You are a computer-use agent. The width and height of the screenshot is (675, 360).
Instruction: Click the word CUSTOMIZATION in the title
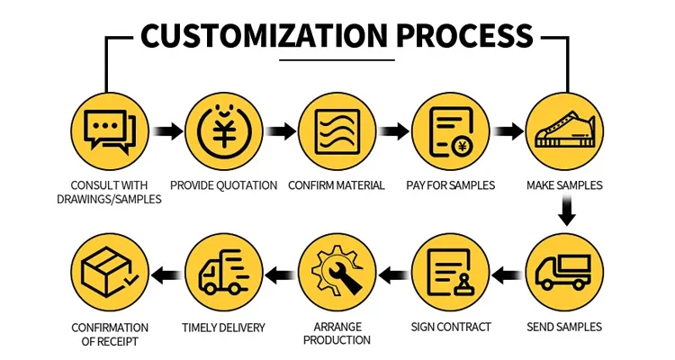click(264, 35)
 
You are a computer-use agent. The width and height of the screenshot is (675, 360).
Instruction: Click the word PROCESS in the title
click(465, 35)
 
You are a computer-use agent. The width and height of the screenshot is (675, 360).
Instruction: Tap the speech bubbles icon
click(110, 130)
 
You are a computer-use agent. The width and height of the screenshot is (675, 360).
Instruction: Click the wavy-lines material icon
click(337, 131)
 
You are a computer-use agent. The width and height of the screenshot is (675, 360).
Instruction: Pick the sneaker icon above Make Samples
click(565, 130)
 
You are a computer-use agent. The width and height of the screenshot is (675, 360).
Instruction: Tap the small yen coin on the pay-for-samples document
click(463, 147)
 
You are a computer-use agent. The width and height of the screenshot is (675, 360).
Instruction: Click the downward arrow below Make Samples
click(566, 210)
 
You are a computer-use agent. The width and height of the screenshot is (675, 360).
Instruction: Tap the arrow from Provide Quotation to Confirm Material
click(281, 130)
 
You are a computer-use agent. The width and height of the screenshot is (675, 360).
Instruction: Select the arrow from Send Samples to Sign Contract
click(508, 274)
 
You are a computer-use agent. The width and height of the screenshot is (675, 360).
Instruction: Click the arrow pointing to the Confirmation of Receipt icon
click(167, 274)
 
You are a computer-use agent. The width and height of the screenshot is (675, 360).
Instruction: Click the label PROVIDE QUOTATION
click(224, 185)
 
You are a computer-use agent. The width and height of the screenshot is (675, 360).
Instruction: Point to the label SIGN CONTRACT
click(451, 328)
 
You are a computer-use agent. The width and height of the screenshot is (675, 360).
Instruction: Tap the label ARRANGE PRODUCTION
click(337, 334)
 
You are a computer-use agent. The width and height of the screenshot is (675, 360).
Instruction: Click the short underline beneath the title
click(337, 60)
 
